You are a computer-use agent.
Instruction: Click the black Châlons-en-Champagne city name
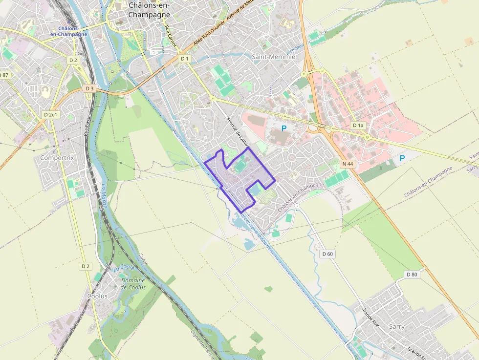point(149,10)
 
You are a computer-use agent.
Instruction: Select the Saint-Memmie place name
point(273,57)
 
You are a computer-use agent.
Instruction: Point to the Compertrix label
point(57,158)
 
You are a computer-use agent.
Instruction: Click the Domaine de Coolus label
point(133,284)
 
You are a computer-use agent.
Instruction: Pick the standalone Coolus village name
point(97,296)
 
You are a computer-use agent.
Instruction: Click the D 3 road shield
point(89,88)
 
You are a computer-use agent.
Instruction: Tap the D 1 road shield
point(184,59)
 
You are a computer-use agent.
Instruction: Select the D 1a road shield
point(359,126)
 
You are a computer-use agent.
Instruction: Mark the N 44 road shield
point(348,164)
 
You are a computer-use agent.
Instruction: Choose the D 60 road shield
point(327,254)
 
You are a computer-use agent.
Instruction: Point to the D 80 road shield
point(412,275)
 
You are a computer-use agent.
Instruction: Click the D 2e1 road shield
point(50,114)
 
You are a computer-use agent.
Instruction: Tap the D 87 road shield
point(4,75)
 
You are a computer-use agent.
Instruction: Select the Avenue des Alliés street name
point(238,132)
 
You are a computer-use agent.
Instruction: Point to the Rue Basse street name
point(87,126)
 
